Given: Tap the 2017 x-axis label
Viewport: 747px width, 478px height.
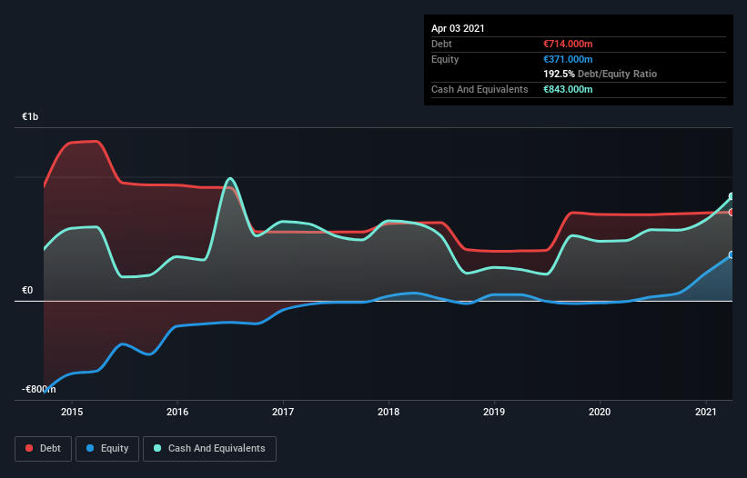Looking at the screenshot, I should click(283, 413).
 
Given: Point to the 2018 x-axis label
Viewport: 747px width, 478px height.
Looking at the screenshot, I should click(389, 413).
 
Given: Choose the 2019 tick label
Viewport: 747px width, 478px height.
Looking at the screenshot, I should click(494, 413).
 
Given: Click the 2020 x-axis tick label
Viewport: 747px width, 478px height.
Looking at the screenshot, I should click(600, 413).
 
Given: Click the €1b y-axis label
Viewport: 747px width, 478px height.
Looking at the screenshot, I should click(31, 117).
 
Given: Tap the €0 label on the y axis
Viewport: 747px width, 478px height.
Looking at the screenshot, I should click(28, 291).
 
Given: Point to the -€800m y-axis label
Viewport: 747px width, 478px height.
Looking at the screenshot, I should click(38, 389).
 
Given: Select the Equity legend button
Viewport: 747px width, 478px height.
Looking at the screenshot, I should click(107, 448).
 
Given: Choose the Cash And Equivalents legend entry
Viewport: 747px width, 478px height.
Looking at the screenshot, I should click(209, 448).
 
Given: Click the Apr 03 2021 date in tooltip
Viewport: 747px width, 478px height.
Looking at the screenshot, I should click(458, 28).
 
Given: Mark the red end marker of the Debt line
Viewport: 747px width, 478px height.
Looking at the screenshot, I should click(732, 212).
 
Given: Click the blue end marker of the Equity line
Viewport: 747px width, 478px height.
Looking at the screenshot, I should click(732, 255).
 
